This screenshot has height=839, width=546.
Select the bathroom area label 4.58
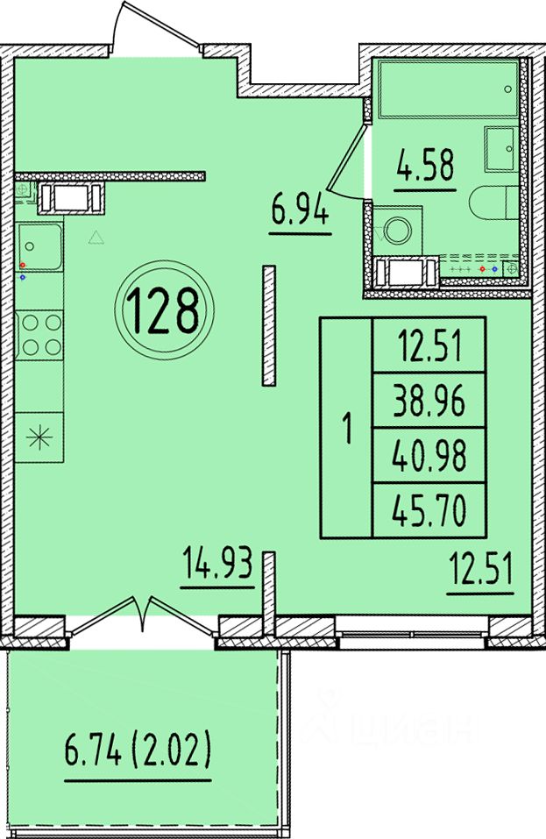coord(425,166)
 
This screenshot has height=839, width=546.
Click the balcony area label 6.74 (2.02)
coord(138,751)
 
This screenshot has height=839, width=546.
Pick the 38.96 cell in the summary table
coord(429,401)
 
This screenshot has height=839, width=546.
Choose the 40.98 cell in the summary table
coord(429,456)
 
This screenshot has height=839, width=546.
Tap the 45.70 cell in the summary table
coord(429,510)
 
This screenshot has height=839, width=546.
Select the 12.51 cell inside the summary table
coord(429,345)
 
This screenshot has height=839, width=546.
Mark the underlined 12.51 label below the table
coord(480,572)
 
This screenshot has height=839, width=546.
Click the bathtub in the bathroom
coord(448,89)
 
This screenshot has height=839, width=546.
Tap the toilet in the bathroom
coord(494,203)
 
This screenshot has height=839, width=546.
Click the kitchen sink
coord(40,246)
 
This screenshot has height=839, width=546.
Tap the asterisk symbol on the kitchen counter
coord(40,438)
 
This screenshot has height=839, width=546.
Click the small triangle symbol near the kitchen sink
coord(96,238)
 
